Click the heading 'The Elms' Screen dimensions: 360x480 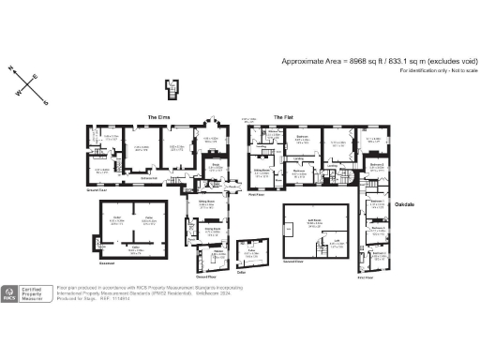(x=157, y=117)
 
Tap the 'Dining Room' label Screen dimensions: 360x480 (x=213, y=227)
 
